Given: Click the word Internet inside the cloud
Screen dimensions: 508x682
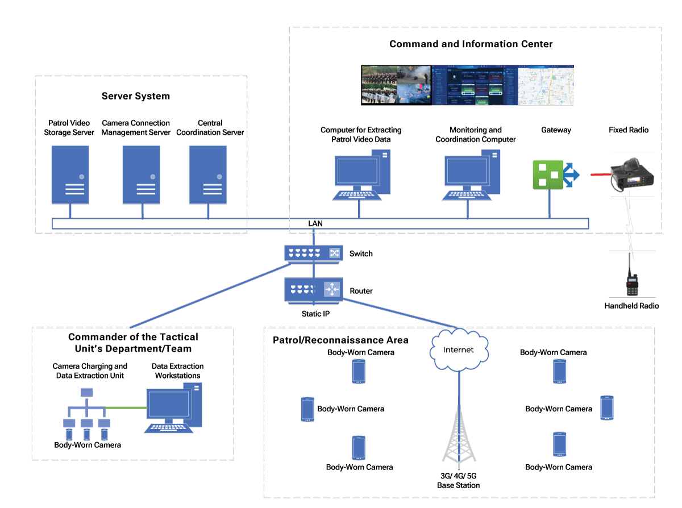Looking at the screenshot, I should point(458,350).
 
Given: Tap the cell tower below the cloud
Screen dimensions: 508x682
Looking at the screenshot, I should point(459,435).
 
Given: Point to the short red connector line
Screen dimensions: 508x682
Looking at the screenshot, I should point(600,174).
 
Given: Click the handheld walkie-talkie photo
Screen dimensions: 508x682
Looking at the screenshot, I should point(632,274).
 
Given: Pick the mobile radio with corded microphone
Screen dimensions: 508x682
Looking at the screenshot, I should point(632,174).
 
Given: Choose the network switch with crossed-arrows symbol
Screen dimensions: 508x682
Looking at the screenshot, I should point(314,253).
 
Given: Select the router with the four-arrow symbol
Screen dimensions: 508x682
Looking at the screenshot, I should point(314,290).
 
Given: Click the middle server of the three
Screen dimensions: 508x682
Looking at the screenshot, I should point(141,174).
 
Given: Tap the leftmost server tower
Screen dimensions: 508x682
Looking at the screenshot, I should point(70,174).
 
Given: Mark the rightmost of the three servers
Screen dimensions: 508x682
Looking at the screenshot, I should point(208,174).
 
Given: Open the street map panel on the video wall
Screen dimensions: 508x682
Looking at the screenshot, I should point(546,85).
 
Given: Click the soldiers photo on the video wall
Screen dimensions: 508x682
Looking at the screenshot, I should point(396,85).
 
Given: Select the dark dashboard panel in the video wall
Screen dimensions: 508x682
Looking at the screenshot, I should point(475,85).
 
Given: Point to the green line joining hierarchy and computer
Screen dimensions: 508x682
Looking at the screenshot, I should point(126,407).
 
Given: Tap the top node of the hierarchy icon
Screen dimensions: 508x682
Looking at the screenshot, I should point(87,392).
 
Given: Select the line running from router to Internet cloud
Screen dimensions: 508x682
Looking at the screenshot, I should point(398,313).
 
